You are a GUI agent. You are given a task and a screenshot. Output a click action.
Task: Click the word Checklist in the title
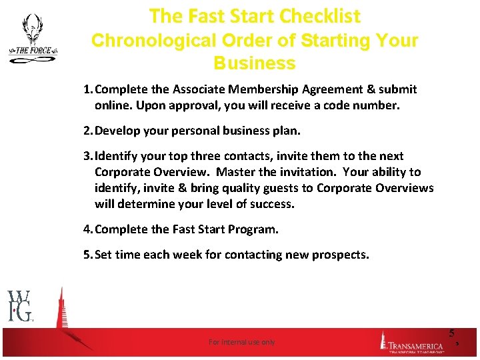tap(317, 16)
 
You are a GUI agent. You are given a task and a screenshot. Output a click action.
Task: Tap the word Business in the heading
tap(255, 64)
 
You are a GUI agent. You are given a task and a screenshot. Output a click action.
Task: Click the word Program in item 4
tap(254, 229)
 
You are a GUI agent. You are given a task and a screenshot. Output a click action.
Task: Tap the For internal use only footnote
tap(241, 342)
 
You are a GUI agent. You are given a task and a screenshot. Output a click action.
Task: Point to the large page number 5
tap(451, 333)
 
